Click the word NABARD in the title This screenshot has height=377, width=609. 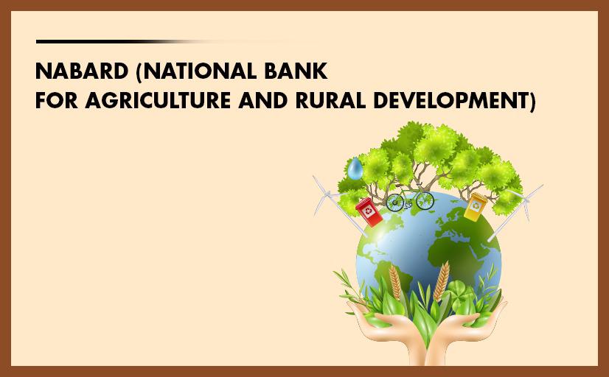[82, 71]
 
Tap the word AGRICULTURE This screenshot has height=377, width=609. [158, 100]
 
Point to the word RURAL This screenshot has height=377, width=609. [330, 100]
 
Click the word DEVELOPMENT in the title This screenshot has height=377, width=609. [454, 101]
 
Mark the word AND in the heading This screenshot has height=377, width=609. [263, 100]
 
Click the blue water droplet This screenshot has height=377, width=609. [355, 169]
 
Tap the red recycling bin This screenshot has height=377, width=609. [369, 212]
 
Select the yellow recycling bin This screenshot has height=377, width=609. [476, 208]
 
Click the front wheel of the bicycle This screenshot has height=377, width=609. [425, 200]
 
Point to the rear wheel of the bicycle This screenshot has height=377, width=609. [395, 202]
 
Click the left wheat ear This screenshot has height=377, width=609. [395, 282]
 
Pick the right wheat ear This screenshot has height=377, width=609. [442, 281]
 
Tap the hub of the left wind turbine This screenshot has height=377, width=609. [329, 194]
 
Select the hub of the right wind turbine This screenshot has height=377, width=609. [524, 200]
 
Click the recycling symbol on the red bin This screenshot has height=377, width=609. [368, 211]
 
